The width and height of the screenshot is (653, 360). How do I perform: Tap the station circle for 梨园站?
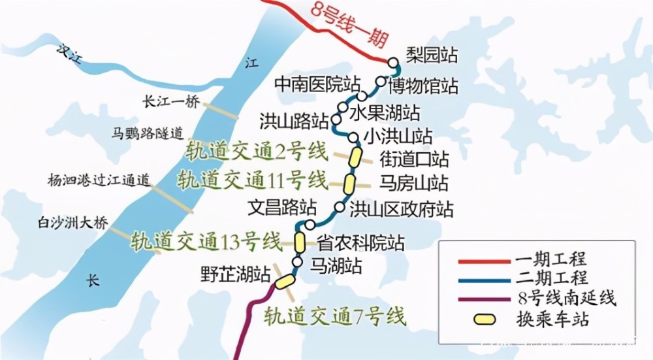(x=393, y=63)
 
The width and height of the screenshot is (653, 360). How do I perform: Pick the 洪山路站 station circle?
(x=336, y=120)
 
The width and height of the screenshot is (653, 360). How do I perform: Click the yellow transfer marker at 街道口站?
(x=355, y=157)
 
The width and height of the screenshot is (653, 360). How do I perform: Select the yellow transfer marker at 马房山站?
(x=351, y=182)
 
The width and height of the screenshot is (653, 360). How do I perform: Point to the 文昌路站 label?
(x=282, y=208)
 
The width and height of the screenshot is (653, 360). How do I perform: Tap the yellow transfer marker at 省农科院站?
(x=299, y=242)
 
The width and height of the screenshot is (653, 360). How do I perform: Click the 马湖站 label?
(x=336, y=265)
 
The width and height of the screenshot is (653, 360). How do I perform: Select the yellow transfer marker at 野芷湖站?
(x=285, y=282)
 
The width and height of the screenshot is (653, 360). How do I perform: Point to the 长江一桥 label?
(x=170, y=101)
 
